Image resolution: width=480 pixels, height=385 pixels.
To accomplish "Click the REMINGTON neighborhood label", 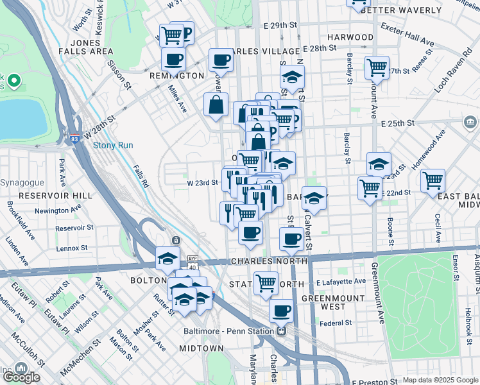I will (x=176, y=76).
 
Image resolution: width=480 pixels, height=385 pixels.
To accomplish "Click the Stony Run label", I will (x=113, y=146).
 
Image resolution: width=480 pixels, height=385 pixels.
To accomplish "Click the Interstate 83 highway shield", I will (x=75, y=137).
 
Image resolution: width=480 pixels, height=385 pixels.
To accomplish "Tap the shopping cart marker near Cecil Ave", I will (x=433, y=180).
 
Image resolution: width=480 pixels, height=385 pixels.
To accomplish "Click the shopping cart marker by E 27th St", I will (x=377, y=67).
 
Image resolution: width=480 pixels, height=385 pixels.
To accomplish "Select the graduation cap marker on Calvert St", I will (x=314, y=199).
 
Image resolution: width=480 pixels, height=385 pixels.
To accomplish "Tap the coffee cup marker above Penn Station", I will (x=280, y=312).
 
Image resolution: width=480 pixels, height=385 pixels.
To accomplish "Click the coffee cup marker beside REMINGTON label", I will (x=173, y=60).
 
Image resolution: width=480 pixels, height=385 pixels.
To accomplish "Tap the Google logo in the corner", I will (x=21, y=377).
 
